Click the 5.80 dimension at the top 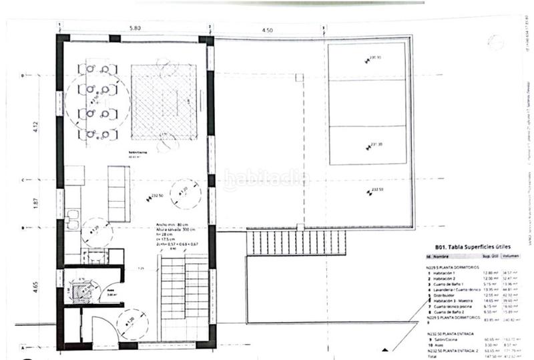click(135, 29)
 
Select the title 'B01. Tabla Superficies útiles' click(462, 244)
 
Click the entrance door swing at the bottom click(102, 331)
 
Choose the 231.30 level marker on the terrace click(374, 143)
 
